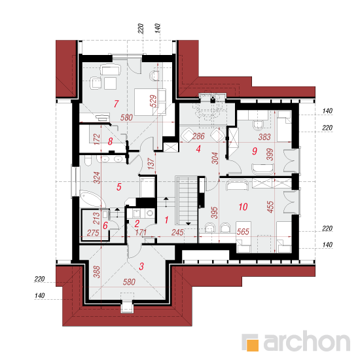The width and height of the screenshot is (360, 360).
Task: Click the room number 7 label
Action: coord(116,104)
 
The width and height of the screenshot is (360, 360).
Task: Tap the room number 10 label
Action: coord(243,207)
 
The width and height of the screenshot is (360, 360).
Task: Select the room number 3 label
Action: coord(141,266)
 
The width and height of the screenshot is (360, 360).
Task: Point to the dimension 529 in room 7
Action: coord(153,101)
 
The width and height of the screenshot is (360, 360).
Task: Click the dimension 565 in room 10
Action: coord(243,232)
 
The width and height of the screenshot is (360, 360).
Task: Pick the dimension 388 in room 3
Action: coord(97,272)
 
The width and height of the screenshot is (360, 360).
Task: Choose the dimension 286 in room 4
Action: coord(198,136)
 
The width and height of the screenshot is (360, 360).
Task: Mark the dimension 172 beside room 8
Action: coord(97,139)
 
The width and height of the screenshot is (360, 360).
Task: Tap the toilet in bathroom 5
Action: coord(88,161)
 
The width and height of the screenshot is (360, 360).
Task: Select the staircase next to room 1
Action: coord(187,200)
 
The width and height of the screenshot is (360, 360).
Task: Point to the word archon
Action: coord(307,342)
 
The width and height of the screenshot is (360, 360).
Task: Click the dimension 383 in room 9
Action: coord(264,137)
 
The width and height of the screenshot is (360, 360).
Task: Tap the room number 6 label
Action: coord(105,225)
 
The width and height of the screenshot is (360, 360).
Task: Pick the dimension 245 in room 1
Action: coord(177,232)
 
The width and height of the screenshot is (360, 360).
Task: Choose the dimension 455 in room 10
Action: coord(270,207)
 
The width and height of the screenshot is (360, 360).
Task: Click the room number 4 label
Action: coord(198,149)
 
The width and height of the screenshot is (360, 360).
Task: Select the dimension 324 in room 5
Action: coord(97,177)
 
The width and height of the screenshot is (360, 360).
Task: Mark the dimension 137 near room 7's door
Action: coord(151,164)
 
